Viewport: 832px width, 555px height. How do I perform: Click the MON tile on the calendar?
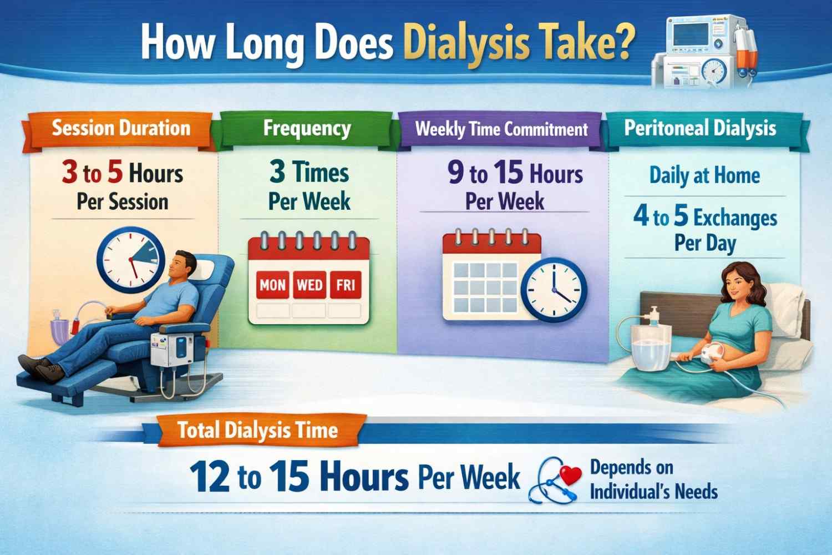coord(273,285)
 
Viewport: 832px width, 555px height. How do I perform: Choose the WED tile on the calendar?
coord(310,285)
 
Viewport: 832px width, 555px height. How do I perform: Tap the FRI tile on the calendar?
coord(346,285)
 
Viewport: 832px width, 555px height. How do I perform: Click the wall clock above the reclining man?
coord(130,260)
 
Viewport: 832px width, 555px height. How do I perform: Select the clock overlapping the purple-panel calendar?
coord(554,290)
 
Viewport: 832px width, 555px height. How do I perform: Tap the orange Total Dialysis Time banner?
coord(258,430)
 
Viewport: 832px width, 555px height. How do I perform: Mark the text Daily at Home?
coord(704,175)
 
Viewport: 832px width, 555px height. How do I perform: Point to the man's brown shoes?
coord(42,367)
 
